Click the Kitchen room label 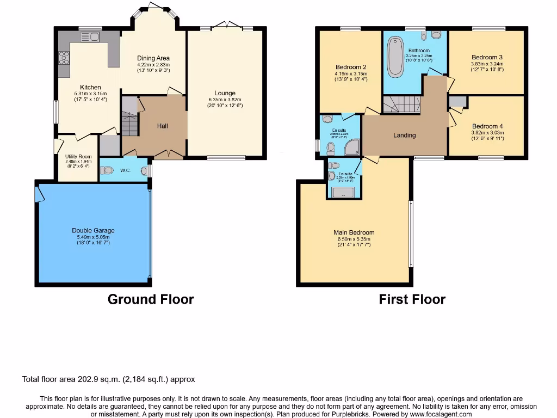[90, 87]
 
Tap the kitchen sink [88, 36]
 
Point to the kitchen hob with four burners [64, 57]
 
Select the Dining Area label [153, 58]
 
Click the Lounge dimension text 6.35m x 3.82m [225, 100]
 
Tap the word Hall [163, 126]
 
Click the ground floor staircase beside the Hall [129, 124]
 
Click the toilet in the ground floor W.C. [107, 170]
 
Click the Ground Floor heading [151, 299]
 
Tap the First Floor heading [412, 299]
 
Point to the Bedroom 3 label [487, 57]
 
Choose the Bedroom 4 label [487, 126]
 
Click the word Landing [404, 135]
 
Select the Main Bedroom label [354, 232]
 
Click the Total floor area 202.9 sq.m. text [108, 379]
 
